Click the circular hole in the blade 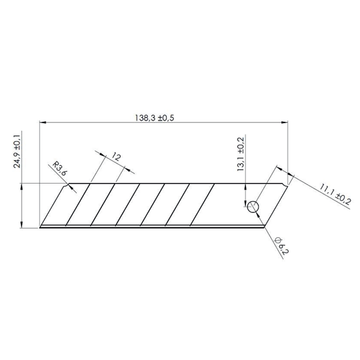tap(253, 207)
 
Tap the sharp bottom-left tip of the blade tap(40, 228)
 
